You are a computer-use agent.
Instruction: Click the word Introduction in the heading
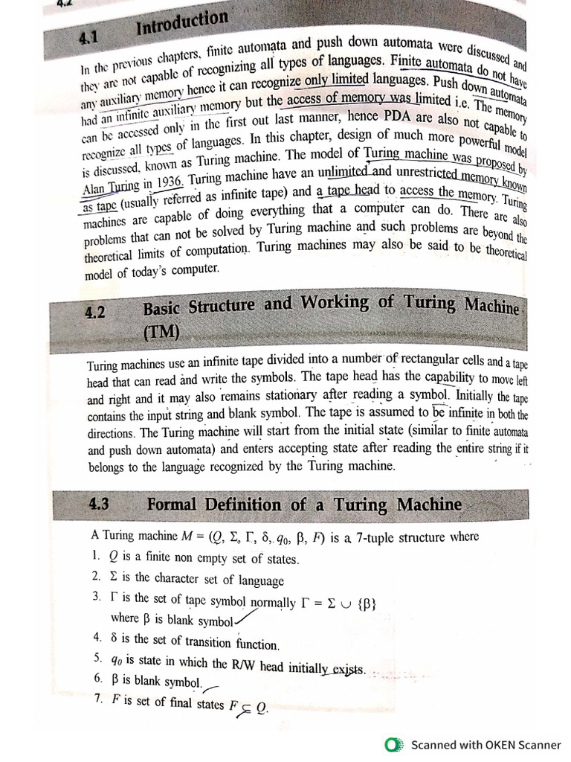tap(183, 25)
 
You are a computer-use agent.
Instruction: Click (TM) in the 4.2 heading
tap(161, 332)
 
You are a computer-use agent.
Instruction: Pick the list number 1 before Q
tap(97, 555)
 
